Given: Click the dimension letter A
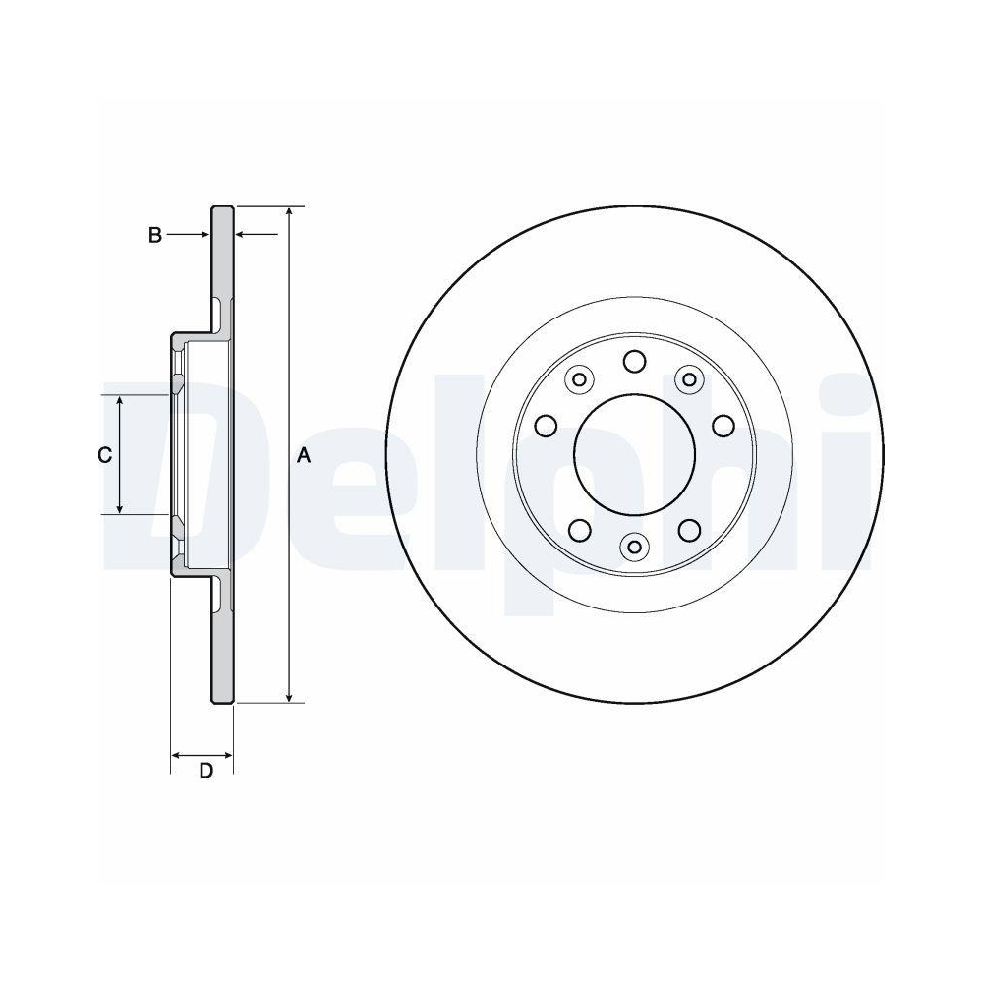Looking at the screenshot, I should click(x=304, y=455).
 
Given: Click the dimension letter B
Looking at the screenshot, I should click(x=154, y=235).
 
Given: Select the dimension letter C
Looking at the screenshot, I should click(x=103, y=455).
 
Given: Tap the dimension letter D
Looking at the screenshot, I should click(x=205, y=771).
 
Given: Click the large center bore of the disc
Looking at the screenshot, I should click(x=634, y=454).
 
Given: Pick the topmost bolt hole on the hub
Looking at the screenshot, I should click(x=634, y=363).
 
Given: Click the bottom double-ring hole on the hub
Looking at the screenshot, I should click(x=634, y=546).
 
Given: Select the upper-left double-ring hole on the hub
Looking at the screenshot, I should click(x=579, y=378).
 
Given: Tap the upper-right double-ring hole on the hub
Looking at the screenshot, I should click(x=689, y=378).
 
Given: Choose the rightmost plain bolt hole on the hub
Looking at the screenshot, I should click(x=723, y=426).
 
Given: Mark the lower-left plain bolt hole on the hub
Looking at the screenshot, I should click(x=579, y=530).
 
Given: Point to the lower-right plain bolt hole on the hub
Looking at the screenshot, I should click(x=689, y=530).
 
